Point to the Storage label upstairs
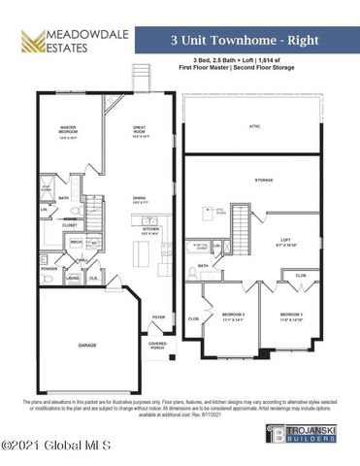click(x=263, y=180)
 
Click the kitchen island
click(x=141, y=254)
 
